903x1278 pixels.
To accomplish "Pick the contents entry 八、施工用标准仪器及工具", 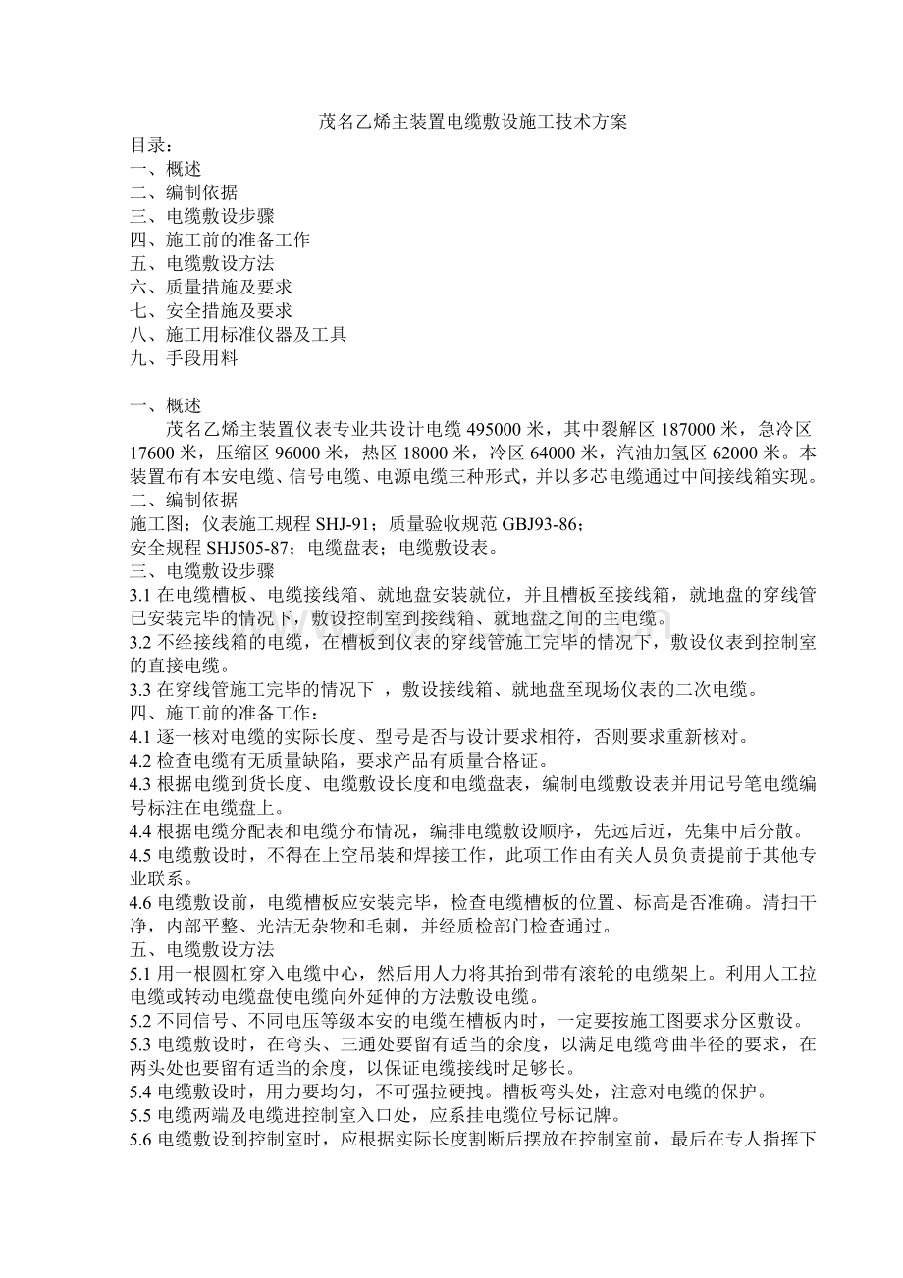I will [239, 335].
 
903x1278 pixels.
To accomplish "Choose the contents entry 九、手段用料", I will [184, 358].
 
